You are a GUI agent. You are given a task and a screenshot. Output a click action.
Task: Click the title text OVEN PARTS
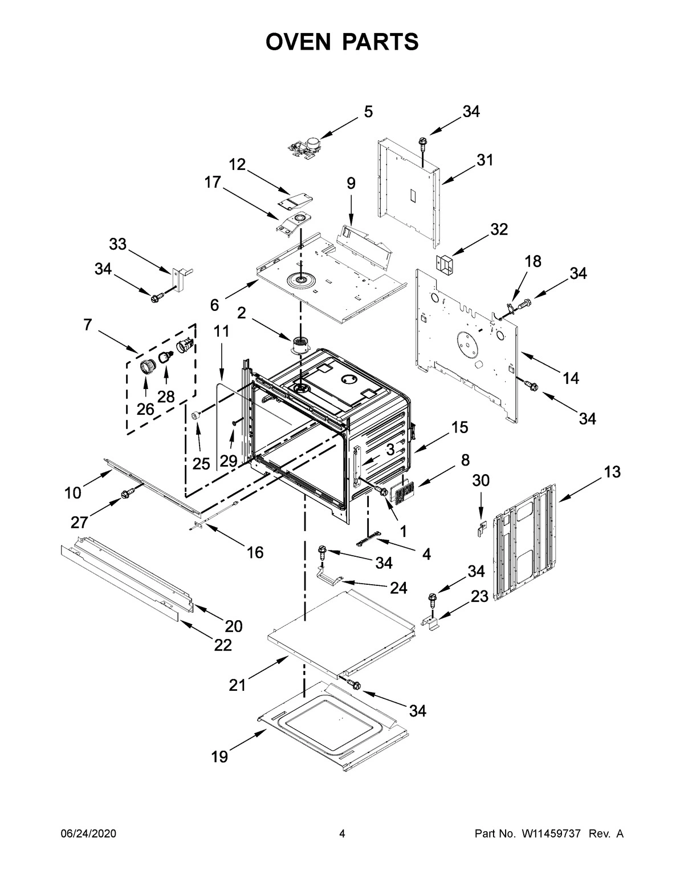(342, 42)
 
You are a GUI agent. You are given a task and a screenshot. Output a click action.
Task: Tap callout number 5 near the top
(368, 112)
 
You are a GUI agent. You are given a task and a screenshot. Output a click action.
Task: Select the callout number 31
(484, 160)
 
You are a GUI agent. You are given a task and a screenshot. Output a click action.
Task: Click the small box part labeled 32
(445, 264)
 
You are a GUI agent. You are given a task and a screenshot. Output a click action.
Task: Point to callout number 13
(612, 472)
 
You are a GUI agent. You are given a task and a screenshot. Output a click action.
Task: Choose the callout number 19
(219, 756)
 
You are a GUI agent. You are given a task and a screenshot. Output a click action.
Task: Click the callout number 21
(237, 685)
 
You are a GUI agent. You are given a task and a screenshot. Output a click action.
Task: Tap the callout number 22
(223, 645)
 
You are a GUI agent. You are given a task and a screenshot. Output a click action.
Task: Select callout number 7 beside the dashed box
(87, 325)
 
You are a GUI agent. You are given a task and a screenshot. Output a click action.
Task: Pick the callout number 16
(255, 552)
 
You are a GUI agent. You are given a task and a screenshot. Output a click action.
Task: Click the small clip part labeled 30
(481, 528)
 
